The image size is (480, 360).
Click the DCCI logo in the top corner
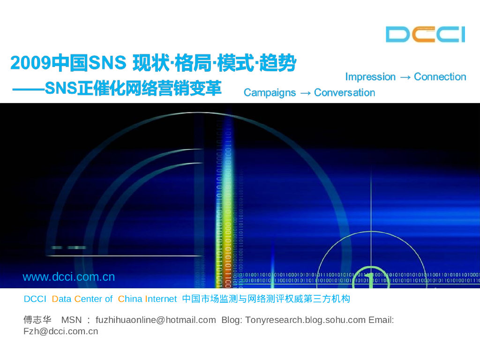pyautogui.click(x=425, y=35)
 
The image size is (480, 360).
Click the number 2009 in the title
pyautogui.click(x=30, y=64)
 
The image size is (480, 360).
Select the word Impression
pyautogui.click(x=370, y=77)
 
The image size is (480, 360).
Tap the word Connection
pyautogui.click(x=440, y=77)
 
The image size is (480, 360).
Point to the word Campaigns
pyautogui.click(x=270, y=93)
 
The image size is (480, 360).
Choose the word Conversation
pyautogui.click(x=345, y=93)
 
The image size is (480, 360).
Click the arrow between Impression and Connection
pyautogui.click(x=405, y=77)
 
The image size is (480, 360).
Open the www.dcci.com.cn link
pyautogui.click(x=68, y=277)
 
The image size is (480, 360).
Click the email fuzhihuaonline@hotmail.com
pyautogui.click(x=156, y=320)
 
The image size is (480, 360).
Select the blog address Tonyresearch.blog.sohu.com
pyautogui.click(x=305, y=320)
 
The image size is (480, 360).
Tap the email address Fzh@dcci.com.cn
pyautogui.click(x=60, y=331)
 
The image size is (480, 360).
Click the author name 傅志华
pyautogui.click(x=37, y=320)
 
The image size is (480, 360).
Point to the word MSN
pyautogui.click(x=72, y=320)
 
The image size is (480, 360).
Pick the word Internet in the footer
pyautogui.click(x=161, y=299)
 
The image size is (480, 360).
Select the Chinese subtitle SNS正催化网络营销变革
pyautogui.click(x=133, y=89)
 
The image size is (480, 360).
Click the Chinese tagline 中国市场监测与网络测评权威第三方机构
pyautogui.click(x=266, y=299)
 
